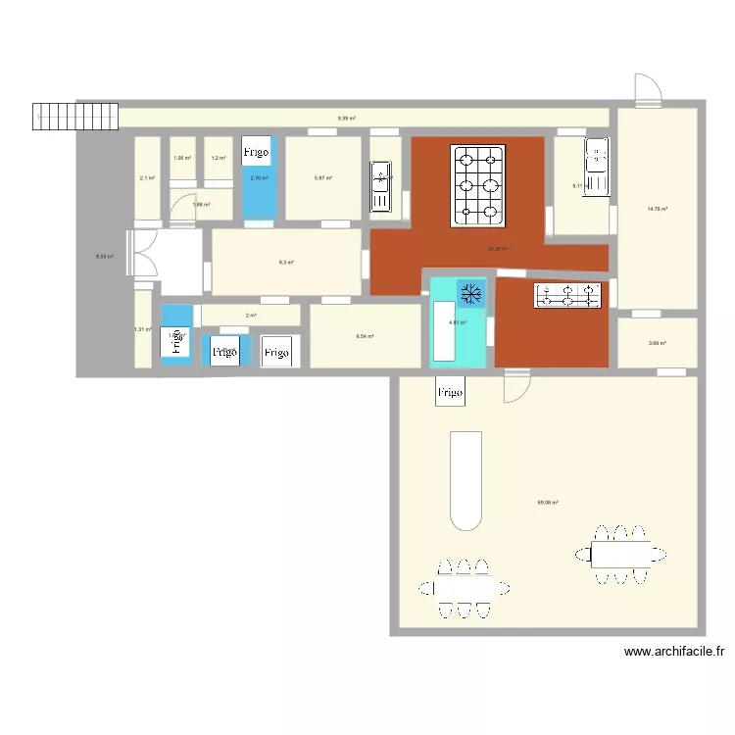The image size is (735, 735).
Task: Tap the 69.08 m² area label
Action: (x=547, y=503)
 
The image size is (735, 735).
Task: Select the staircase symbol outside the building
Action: (x=55, y=117)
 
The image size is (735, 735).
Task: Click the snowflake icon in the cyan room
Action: (x=470, y=292)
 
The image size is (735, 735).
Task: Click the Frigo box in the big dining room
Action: (x=450, y=392)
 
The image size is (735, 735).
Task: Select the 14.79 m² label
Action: (x=657, y=208)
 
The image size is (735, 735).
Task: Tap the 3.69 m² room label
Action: (x=657, y=343)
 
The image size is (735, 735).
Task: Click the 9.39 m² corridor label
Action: (x=346, y=119)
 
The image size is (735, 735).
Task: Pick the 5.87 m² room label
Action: (x=322, y=178)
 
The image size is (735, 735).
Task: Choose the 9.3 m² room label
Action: (x=286, y=263)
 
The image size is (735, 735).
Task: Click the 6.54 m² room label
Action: (x=365, y=336)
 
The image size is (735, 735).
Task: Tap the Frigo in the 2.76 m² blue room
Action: (x=257, y=152)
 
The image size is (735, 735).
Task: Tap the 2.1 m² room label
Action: (x=147, y=178)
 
